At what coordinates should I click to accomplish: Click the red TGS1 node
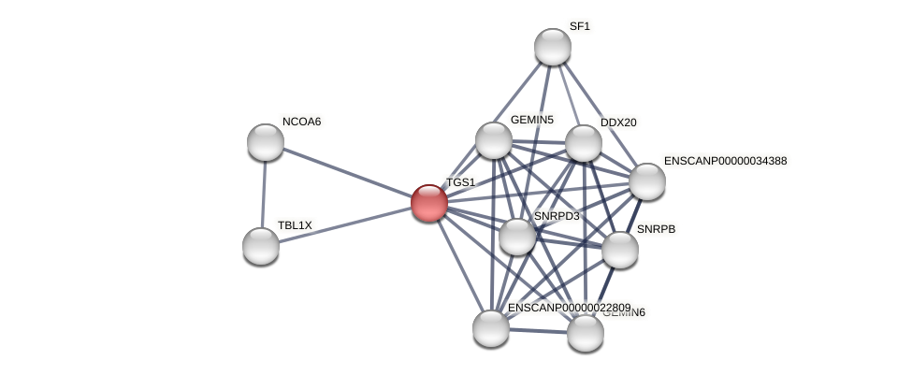pyautogui.click(x=429, y=202)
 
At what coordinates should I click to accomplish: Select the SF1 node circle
pyautogui.click(x=553, y=47)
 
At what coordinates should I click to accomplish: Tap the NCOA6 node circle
pyautogui.click(x=266, y=142)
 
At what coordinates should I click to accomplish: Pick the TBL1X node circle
pyautogui.click(x=261, y=246)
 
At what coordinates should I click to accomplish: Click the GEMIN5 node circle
pyautogui.click(x=494, y=140)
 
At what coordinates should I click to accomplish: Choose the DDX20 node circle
pyautogui.click(x=584, y=143)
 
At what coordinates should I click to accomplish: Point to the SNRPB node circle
pyautogui.click(x=619, y=250)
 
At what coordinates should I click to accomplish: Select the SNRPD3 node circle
pyautogui.click(x=517, y=237)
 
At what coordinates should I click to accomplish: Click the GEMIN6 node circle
pyautogui.click(x=586, y=333)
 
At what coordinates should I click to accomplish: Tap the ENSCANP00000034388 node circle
pyautogui.click(x=647, y=181)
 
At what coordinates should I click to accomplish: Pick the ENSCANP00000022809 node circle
pyautogui.click(x=491, y=328)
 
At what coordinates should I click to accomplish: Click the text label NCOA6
pyautogui.click(x=301, y=122)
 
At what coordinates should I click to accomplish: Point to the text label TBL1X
pyautogui.click(x=295, y=225)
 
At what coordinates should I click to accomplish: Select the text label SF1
pyautogui.click(x=580, y=26)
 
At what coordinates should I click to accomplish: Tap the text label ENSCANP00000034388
pyautogui.click(x=725, y=161)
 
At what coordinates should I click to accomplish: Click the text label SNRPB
pyautogui.click(x=655, y=229)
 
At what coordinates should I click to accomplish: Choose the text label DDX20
pyautogui.click(x=618, y=123)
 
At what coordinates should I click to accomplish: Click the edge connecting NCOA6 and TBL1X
pyautogui.click(x=264, y=195)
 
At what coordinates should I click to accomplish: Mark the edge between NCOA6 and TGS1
pyautogui.click(x=347, y=172)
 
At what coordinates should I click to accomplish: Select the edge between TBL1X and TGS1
pyautogui.click(x=345, y=224)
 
